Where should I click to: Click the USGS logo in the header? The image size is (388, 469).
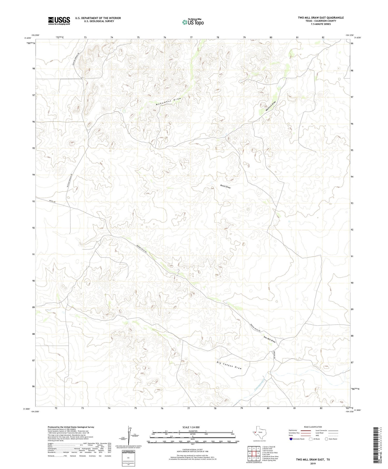coord(59,21)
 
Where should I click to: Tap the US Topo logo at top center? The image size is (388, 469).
coord(193,22)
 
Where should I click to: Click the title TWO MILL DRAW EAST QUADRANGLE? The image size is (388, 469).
coord(321,18)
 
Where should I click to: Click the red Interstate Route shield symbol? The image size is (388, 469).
coord(291,439)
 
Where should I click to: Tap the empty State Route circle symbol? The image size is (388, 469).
coord(326,439)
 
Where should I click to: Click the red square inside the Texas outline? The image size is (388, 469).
coord(255,432)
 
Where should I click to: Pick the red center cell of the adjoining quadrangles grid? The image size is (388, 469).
coord(254,453)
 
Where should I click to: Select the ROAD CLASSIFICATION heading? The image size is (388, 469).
coord(313,427)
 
